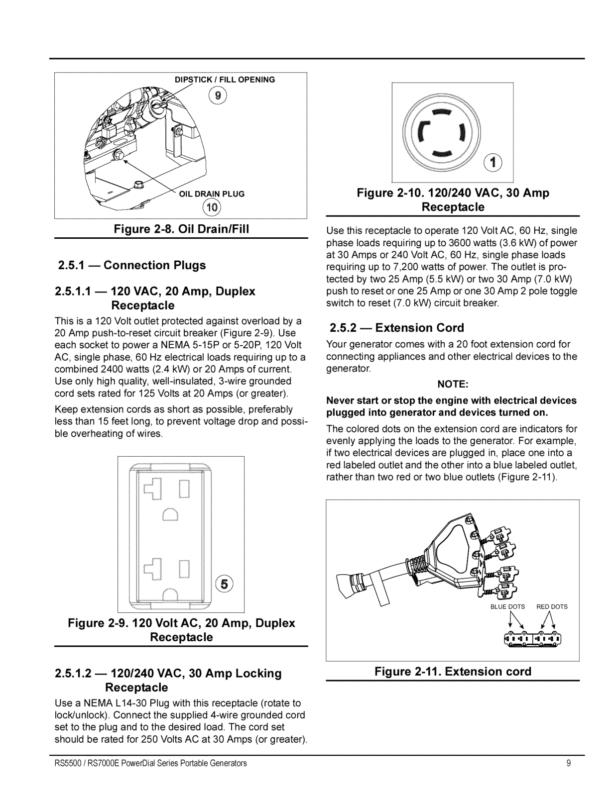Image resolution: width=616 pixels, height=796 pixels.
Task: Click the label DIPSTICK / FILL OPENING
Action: coord(225,80)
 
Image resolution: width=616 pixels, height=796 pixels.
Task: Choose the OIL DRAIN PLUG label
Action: coord(212,194)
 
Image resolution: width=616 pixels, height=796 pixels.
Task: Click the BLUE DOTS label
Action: coord(507,606)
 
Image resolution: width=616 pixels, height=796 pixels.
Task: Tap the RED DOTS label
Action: coord(552,606)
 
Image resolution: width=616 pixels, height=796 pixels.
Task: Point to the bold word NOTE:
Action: coord(452,384)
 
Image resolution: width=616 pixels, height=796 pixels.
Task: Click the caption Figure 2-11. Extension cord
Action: coord(453,672)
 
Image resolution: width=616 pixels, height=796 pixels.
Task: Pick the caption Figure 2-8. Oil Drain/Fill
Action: coord(181,229)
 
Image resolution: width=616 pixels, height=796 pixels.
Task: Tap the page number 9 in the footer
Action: coord(568,763)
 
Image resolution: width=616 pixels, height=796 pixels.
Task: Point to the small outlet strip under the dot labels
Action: coord(532,638)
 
